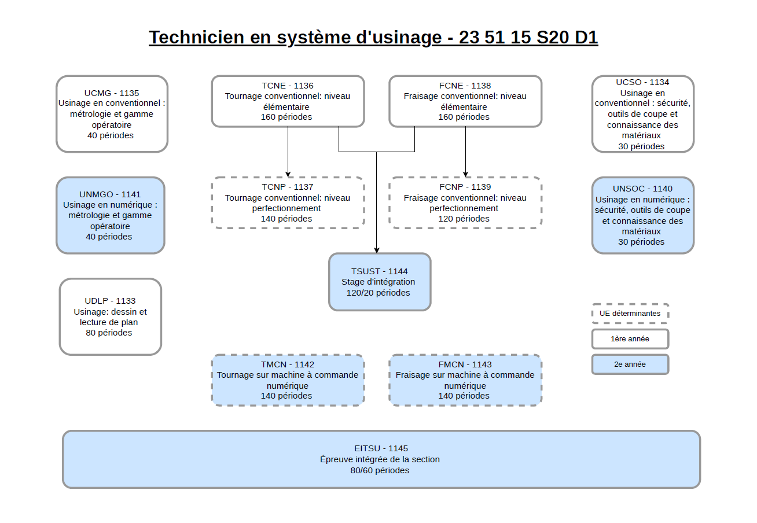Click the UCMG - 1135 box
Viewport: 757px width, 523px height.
click(x=112, y=114)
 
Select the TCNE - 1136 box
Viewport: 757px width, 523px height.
click(x=288, y=101)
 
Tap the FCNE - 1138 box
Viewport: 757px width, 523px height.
click(x=465, y=101)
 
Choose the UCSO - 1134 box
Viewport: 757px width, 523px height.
click(x=643, y=114)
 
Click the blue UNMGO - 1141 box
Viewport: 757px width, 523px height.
click(x=110, y=215)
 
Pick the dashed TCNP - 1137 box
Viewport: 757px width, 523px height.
click(x=288, y=202)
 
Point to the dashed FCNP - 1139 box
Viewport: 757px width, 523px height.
click(x=465, y=202)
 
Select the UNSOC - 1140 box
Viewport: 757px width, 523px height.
click(x=643, y=215)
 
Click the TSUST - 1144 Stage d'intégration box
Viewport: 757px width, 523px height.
click(x=380, y=282)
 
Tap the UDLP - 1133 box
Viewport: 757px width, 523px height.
click(x=110, y=316)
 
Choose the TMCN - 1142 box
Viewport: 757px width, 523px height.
click(x=288, y=380)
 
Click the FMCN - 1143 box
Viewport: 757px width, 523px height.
click(x=465, y=380)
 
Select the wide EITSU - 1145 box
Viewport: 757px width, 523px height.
click(x=381, y=459)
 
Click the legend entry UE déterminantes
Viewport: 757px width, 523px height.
click(x=630, y=314)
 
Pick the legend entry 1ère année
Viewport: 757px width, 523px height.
click(x=630, y=339)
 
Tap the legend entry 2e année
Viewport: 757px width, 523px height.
click(x=630, y=364)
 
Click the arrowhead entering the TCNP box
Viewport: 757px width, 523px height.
click(x=288, y=174)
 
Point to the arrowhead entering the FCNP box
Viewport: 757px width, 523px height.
click(x=465, y=174)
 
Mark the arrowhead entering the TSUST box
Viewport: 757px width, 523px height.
click(x=376, y=251)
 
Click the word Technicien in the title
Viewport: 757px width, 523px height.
click(x=196, y=37)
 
